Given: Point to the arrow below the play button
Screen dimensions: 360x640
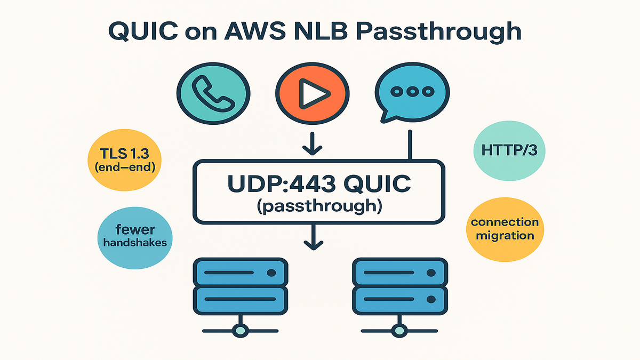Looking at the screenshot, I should [x=312, y=144].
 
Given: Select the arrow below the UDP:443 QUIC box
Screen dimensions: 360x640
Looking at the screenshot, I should [x=312, y=238].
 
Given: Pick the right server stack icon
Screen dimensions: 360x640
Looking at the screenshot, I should [x=398, y=286].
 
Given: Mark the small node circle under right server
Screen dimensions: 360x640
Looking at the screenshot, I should [x=398, y=330].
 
